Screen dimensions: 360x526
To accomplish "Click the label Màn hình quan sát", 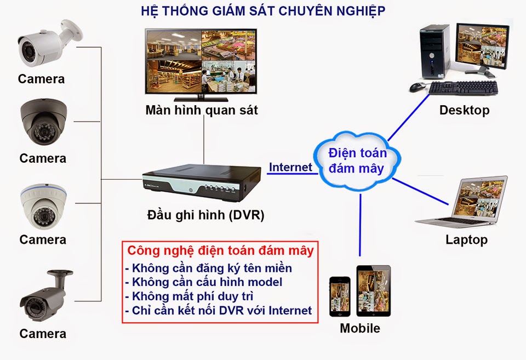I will coord(201,110).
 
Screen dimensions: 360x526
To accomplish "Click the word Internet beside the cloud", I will coord(290,167).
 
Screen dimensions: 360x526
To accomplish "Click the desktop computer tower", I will coord(436,52).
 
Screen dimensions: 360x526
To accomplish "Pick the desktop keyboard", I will coord(463,88).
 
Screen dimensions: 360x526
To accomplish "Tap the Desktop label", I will coord(464,110).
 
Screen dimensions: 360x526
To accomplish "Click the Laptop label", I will coord(466,239).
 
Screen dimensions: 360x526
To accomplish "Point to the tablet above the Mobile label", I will coord(373,290).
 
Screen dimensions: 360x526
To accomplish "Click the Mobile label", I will coord(360,329).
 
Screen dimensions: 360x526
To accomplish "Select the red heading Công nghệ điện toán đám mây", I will coord(220,251).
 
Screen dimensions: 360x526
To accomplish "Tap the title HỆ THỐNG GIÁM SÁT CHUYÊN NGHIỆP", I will coord(262,10).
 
